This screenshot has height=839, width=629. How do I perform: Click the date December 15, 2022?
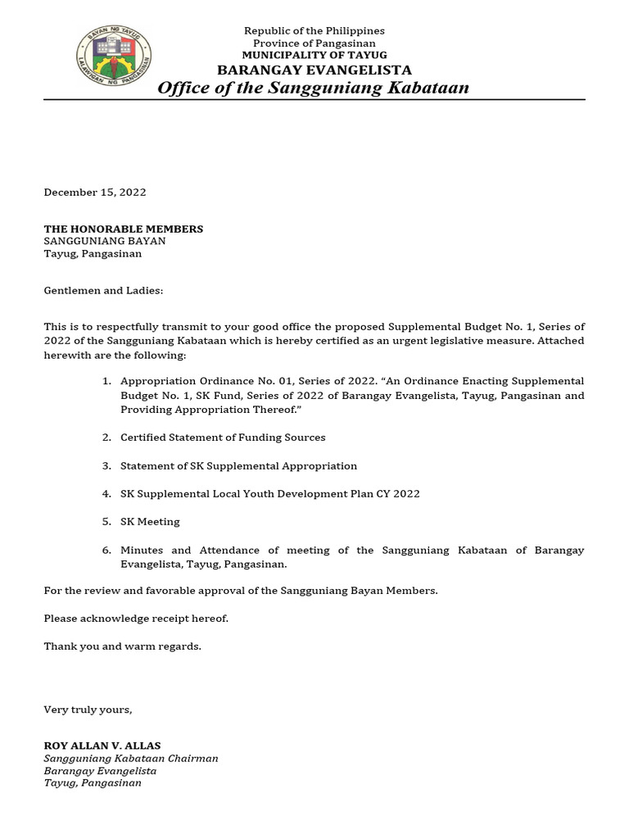pos(95,193)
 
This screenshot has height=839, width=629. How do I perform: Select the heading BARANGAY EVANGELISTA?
pos(314,70)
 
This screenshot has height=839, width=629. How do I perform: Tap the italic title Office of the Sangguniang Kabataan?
pos(314,88)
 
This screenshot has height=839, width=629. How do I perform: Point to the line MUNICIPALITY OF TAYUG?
pos(314,55)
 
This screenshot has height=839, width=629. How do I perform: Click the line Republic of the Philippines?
pos(314,31)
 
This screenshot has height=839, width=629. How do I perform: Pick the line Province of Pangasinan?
pos(314,43)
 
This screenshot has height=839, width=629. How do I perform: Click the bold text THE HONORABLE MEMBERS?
pos(123,229)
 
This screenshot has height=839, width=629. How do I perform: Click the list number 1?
pos(106,382)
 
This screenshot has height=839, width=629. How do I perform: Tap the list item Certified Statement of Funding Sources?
pos(223,438)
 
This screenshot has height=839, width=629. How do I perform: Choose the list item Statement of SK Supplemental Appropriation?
pos(238,466)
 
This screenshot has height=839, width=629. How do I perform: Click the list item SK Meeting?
pos(150,522)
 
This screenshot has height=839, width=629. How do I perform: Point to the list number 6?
pos(106,551)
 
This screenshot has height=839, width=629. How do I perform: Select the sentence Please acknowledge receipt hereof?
pos(136,619)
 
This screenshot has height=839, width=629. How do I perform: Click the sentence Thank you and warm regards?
pos(122,646)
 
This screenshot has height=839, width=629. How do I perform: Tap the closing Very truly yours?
pos(88,710)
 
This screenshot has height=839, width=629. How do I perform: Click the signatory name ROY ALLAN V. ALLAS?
pos(102,746)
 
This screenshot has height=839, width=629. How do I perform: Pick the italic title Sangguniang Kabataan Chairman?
pos(131,759)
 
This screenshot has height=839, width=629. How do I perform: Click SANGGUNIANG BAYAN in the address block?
pos(105,242)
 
